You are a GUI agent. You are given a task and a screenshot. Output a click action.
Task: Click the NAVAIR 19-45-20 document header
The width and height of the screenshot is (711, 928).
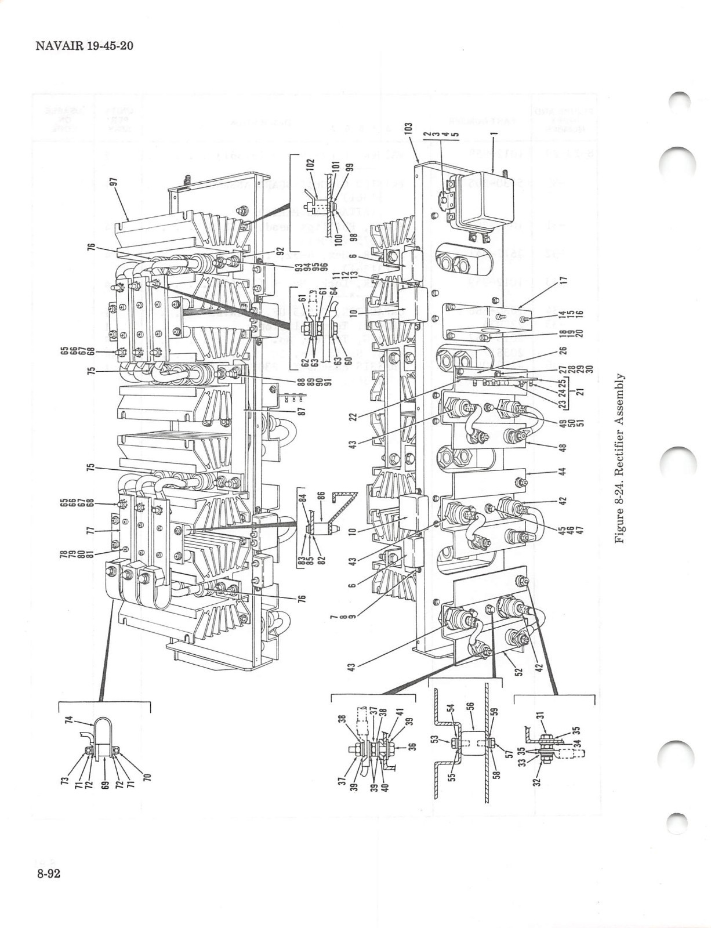point(84,46)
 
